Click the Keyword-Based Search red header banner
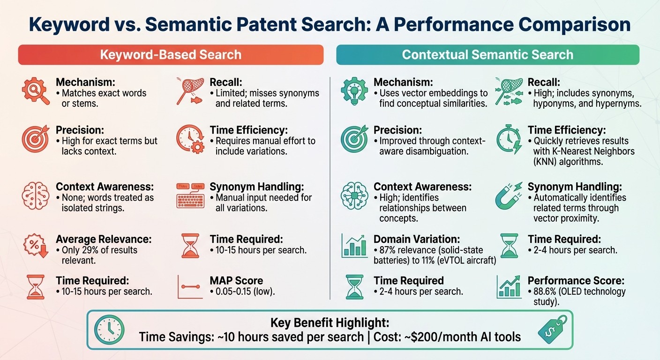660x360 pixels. coord(171,54)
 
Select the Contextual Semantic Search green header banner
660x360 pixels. coord(487,54)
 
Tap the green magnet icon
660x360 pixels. coord(508,195)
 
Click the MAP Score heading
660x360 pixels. coord(236,281)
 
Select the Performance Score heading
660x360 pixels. coord(576,281)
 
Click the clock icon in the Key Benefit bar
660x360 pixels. coord(109,330)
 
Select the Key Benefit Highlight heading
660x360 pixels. coord(330,323)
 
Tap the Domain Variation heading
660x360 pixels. coord(417,239)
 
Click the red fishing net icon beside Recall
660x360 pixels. coord(189,90)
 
